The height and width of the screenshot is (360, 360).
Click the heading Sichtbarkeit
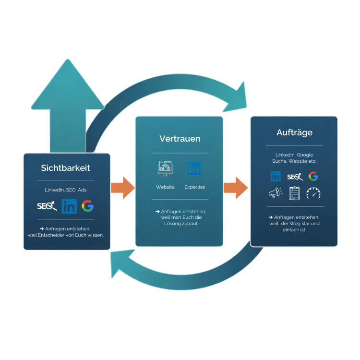pyautogui.click(x=66, y=168)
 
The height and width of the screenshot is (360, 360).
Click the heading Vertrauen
pyautogui.click(x=180, y=139)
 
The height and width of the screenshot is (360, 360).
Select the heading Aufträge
pyautogui.click(x=294, y=132)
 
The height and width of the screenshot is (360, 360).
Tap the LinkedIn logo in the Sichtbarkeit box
pyautogui.click(x=69, y=206)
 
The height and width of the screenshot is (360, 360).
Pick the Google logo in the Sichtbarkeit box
pyautogui.click(x=87, y=206)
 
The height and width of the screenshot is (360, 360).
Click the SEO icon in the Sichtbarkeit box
pyautogui.click(x=47, y=206)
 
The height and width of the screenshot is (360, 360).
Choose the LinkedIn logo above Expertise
pyautogui.click(x=194, y=168)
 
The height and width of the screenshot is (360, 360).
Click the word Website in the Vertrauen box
pyautogui.click(x=165, y=187)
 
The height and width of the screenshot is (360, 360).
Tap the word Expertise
pyautogui.click(x=194, y=187)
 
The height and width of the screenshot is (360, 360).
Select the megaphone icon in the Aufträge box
pyautogui.click(x=276, y=193)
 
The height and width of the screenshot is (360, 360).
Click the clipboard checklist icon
pyautogui.click(x=295, y=193)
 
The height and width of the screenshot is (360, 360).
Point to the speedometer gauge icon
pyautogui.click(x=313, y=193)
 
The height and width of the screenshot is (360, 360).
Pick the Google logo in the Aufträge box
pyautogui.click(x=313, y=176)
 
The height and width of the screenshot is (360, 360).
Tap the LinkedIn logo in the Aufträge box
pyautogui.click(x=276, y=176)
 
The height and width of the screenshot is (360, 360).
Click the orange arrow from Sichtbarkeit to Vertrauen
pyautogui.click(x=122, y=187)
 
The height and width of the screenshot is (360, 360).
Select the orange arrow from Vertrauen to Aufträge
pyautogui.click(x=236, y=187)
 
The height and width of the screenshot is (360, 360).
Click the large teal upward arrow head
pyautogui.click(x=67, y=86)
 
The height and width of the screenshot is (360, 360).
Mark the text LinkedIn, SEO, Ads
pyautogui.click(x=66, y=190)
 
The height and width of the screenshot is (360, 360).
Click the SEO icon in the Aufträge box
pyautogui.click(x=295, y=177)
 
